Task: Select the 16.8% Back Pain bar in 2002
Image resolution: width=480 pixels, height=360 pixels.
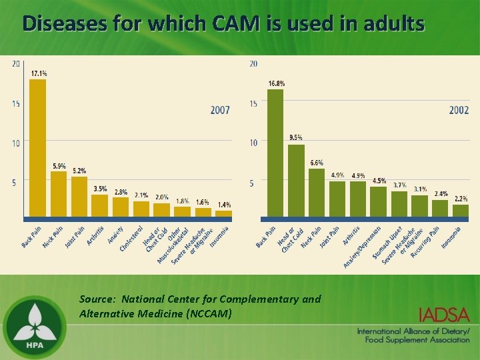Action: [275, 153]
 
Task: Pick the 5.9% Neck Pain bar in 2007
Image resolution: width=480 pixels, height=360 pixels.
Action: [59, 194]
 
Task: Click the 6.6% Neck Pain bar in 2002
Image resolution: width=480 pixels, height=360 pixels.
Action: [317, 193]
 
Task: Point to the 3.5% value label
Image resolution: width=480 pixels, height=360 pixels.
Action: [100, 189]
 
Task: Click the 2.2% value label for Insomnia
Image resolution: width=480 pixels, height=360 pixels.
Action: [461, 199]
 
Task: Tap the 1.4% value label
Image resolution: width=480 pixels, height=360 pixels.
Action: [224, 205]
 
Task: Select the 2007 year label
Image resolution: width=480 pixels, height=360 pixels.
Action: [220, 110]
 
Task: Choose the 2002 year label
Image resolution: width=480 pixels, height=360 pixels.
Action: [459, 110]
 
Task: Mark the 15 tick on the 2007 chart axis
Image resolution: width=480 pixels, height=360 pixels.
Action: [16, 104]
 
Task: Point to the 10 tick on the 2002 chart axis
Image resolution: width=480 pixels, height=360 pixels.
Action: [253, 143]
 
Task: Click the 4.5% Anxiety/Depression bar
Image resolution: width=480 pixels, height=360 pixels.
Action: [378, 201]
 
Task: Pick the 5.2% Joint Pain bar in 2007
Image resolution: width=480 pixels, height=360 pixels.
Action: [79, 197]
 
